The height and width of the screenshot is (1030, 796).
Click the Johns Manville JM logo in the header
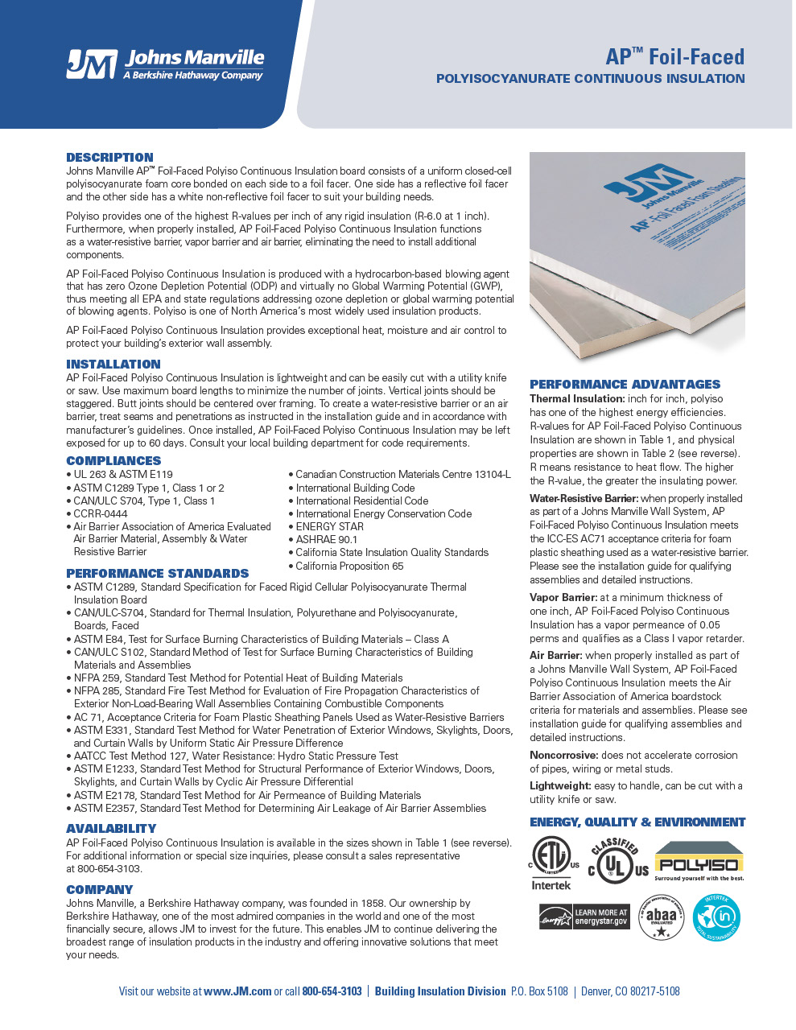[165, 64]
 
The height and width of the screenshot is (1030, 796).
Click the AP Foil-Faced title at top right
[674, 56]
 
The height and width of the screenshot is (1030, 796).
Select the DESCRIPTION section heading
[109, 158]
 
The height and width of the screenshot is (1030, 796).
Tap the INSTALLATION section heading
[113, 365]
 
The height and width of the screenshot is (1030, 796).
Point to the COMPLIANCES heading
[113, 461]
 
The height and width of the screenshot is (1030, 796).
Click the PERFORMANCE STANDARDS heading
[158, 574]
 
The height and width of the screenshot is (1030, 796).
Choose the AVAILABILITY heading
[111, 829]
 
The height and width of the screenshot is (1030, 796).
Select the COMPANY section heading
[100, 890]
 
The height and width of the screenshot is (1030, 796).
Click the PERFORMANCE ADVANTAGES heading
[625, 385]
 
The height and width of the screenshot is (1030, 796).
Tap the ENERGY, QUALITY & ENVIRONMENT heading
[637, 822]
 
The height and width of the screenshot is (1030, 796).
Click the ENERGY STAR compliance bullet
[329, 527]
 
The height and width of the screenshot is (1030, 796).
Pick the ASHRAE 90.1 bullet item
[326, 540]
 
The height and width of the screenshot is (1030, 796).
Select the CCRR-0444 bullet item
[100, 513]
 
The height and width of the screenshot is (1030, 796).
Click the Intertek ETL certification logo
[552, 862]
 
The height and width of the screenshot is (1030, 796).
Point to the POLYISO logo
[699, 862]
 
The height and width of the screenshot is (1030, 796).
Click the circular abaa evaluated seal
[661, 917]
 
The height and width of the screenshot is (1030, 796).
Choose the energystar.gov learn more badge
[584, 917]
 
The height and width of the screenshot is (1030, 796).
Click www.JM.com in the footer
[237, 991]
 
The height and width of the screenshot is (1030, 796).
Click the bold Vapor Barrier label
[563, 598]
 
